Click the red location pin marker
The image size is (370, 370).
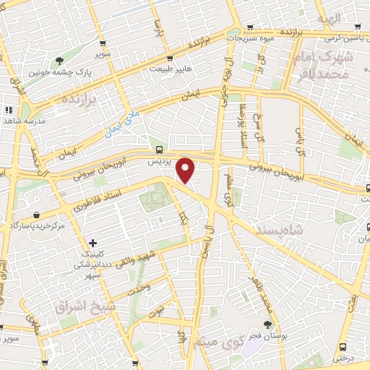186,171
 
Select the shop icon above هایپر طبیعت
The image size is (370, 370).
169,58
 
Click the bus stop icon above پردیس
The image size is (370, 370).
158,150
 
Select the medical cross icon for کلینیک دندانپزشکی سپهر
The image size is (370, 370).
92,242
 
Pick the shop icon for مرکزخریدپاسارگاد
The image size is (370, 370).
36,215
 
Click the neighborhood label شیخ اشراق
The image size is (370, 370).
85,306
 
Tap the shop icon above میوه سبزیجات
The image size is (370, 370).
250,26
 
